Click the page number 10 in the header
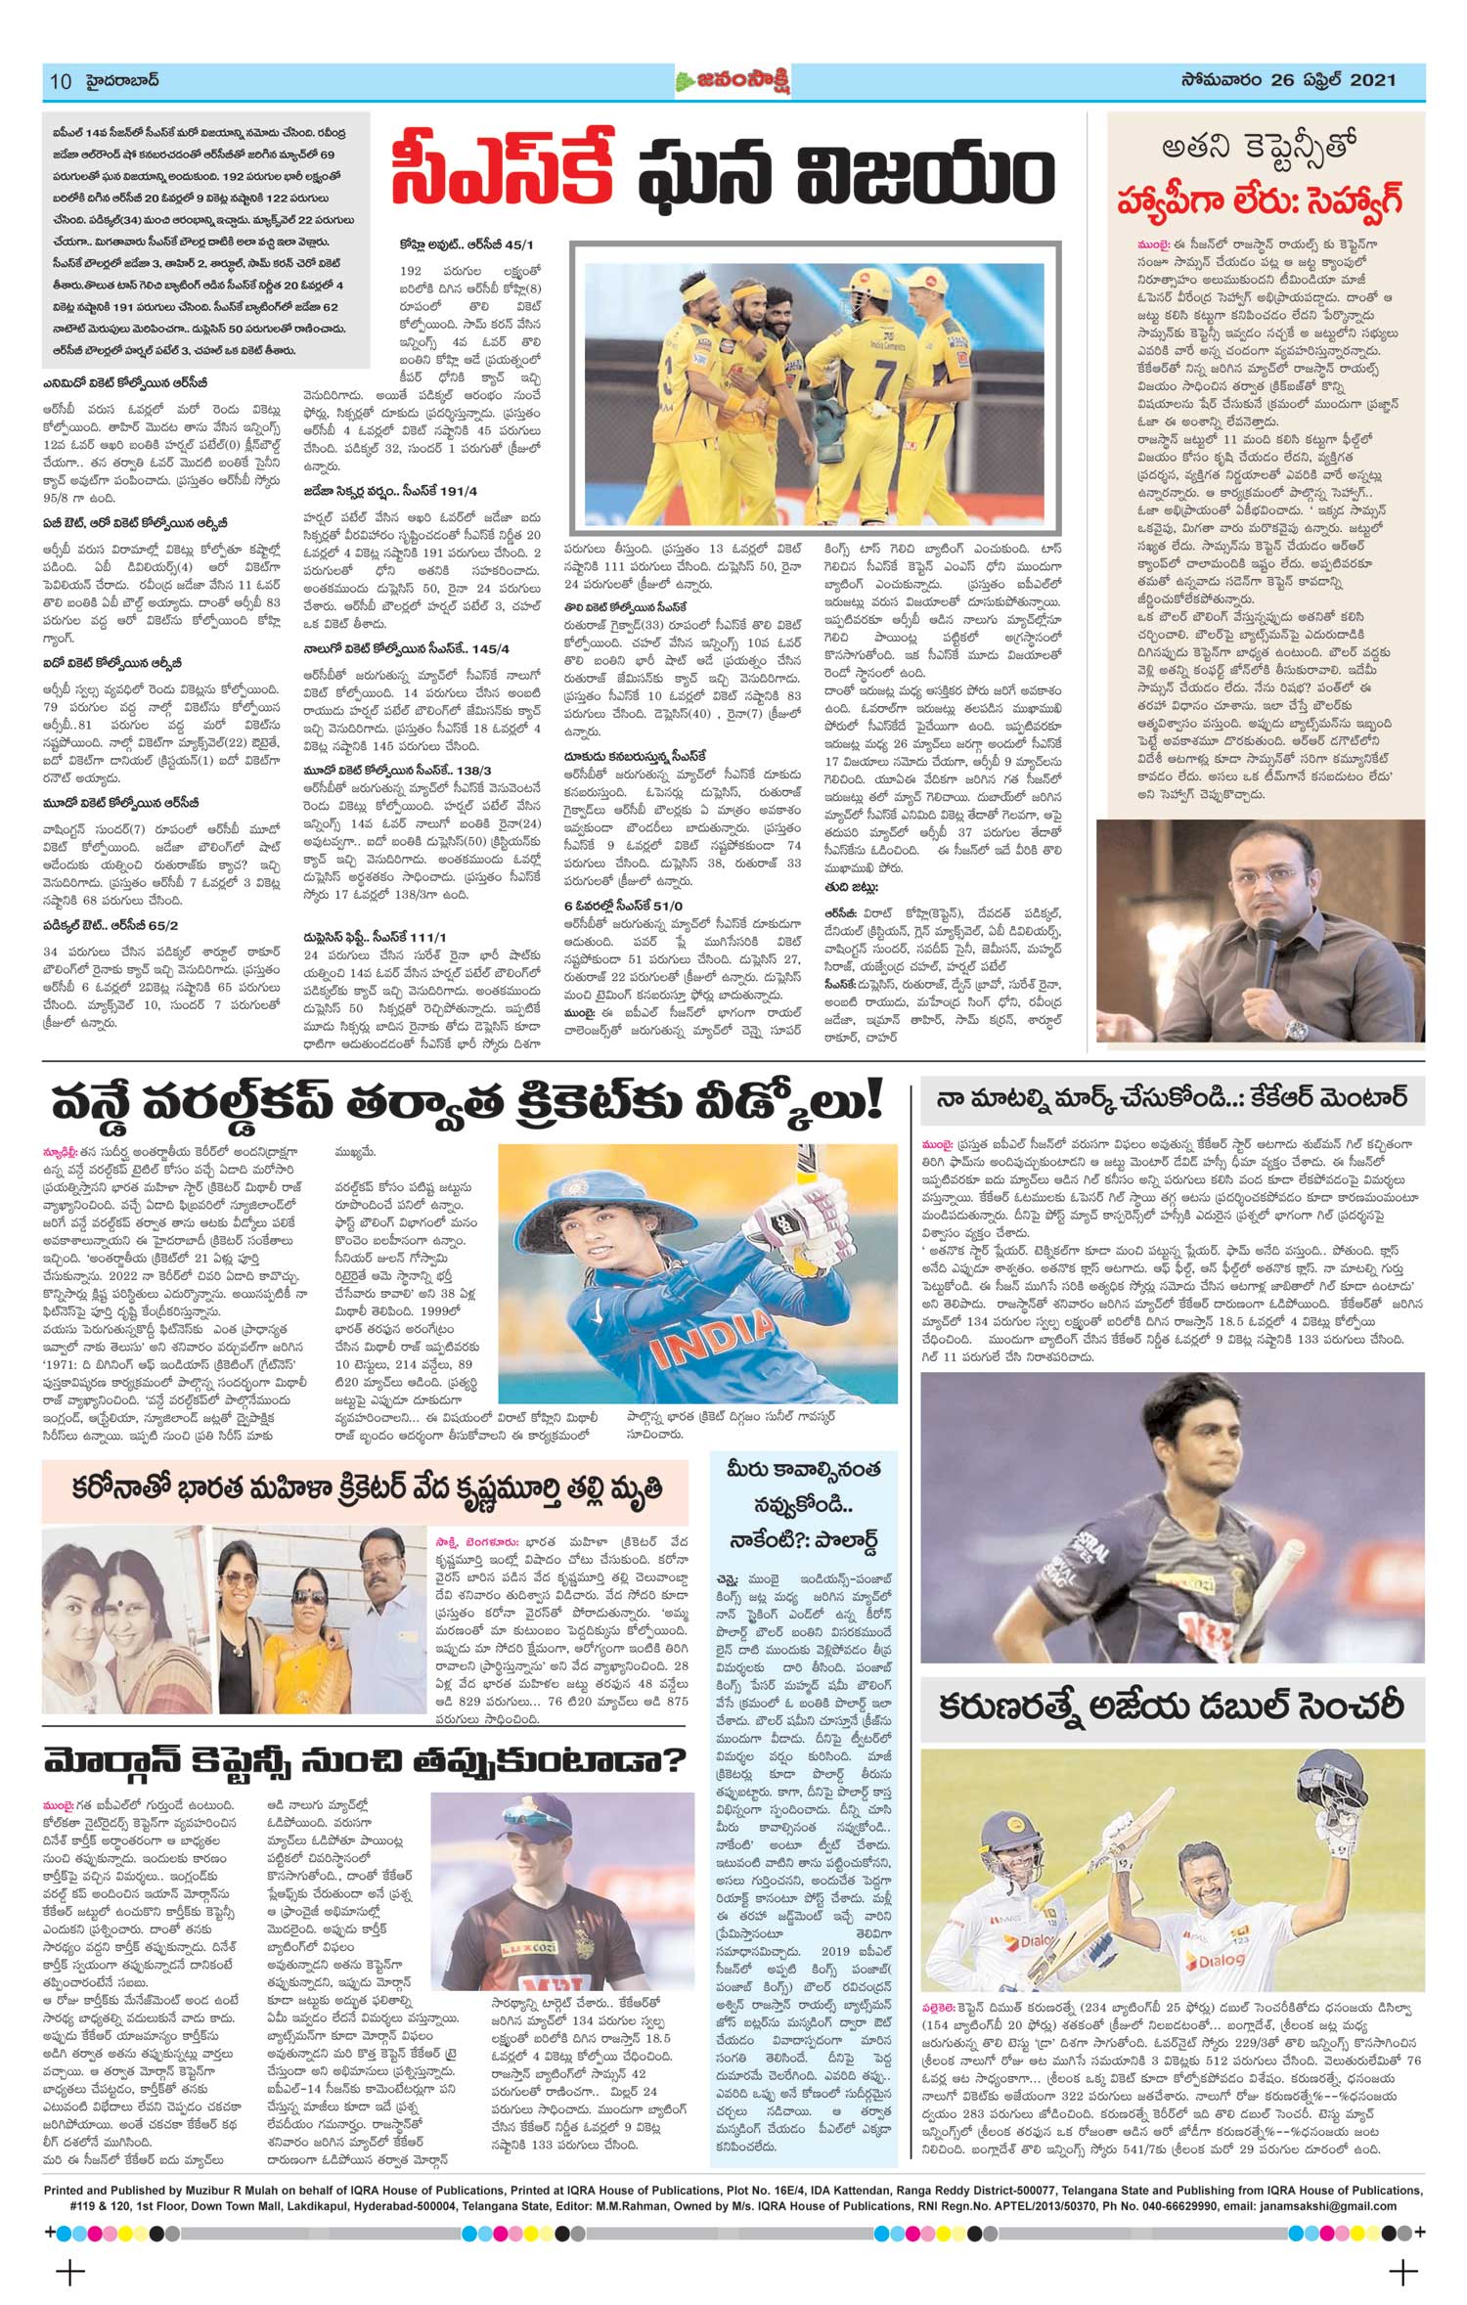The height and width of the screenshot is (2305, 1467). [x=60, y=81]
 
